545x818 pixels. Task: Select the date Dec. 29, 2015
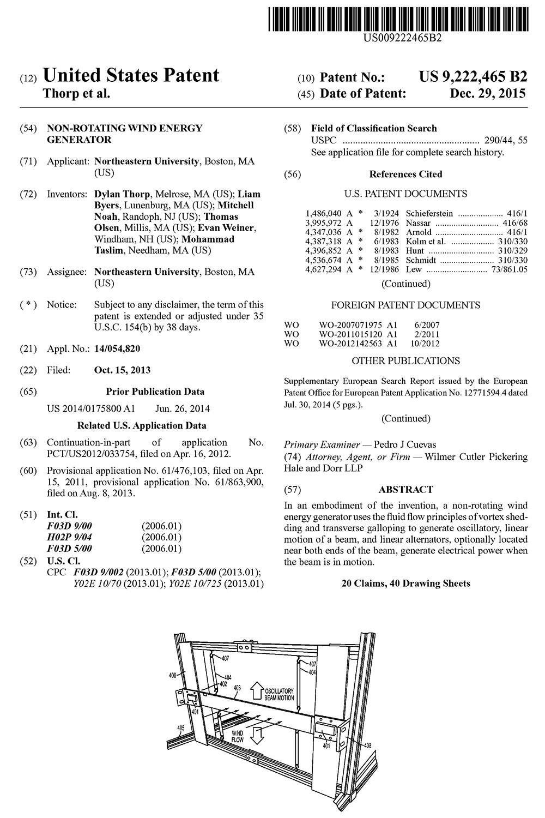pyautogui.click(x=488, y=94)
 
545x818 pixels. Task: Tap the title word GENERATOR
pyautogui.click(x=79, y=140)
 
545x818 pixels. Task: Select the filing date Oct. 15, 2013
pyautogui.click(x=122, y=370)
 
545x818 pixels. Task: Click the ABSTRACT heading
pyautogui.click(x=405, y=490)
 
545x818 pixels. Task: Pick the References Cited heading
pyautogui.click(x=405, y=175)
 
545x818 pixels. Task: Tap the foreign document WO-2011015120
pyautogui.click(x=352, y=334)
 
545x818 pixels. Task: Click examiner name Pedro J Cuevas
pyautogui.click(x=405, y=445)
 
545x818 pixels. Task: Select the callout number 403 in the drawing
pyautogui.click(x=237, y=689)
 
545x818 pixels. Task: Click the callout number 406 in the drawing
pyautogui.click(x=173, y=675)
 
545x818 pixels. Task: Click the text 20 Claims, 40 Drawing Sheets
pyautogui.click(x=405, y=584)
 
